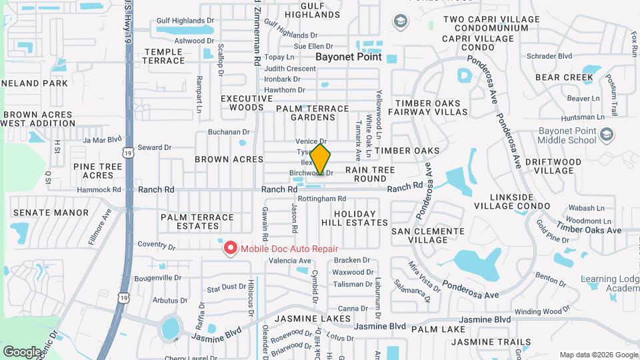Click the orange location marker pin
tap(321, 159)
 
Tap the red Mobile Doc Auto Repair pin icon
tap(231, 249)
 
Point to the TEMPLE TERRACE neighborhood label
tap(164, 56)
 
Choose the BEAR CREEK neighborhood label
tap(564, 77)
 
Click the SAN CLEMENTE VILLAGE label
tap(427, 235)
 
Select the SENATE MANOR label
tap(51, 213)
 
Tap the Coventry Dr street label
tap(156, 245)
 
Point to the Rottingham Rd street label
tap(322, 199)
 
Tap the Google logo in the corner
tap(22, 351)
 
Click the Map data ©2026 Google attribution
tap(598, 355)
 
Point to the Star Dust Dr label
tap(226, 287)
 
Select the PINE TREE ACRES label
tap(93, 171)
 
